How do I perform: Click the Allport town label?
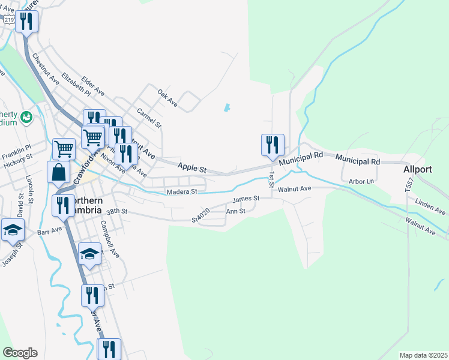click(418, 169)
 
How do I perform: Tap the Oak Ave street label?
click(167, 98)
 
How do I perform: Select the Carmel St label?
click(149, 117)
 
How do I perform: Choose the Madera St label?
click(182, 192)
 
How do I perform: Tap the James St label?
click(246, 199)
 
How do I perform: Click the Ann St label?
click(235, 211)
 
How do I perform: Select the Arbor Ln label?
click(361, 181)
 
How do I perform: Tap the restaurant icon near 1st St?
click(272, 145)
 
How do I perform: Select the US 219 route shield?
click(8, 19)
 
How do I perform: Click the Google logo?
click(20, 353)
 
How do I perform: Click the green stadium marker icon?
click(26, 116)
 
